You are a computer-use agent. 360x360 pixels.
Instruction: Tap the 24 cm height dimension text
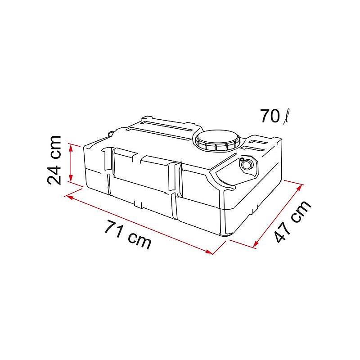(x=55, y=160)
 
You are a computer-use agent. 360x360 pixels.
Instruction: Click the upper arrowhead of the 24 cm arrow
(x=71, y=145)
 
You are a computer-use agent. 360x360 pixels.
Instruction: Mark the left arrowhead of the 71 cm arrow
(x=69, y=196)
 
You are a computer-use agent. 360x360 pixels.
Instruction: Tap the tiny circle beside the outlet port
(x=242, y=159)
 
